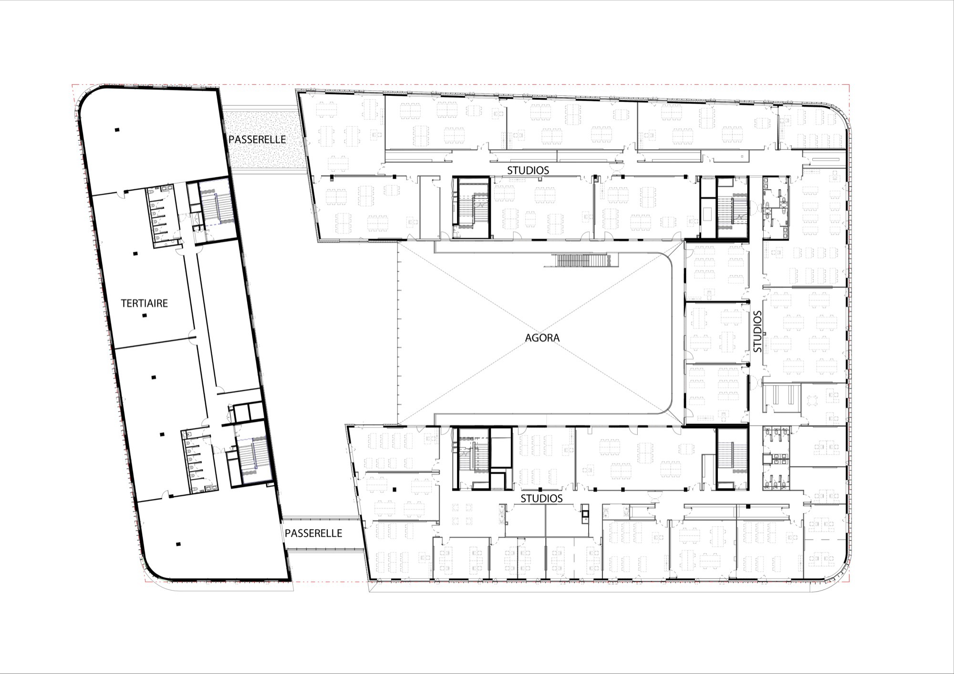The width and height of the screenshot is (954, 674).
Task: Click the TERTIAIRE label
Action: tap(144, 303)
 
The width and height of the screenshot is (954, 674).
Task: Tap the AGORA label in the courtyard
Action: tap(542, 338)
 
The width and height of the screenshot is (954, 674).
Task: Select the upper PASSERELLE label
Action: tap(257, 139)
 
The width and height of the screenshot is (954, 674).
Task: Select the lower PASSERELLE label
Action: tap(313, 533)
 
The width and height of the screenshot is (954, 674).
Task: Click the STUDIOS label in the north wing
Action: tap(528, 170)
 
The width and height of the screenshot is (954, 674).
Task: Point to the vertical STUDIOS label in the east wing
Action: tap(758, 331)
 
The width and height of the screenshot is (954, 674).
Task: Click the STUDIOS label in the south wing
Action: tap(541, 499)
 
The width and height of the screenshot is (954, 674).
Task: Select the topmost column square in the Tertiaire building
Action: tap(116, 130)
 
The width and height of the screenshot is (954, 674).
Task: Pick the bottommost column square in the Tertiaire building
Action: tap(178, 543)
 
